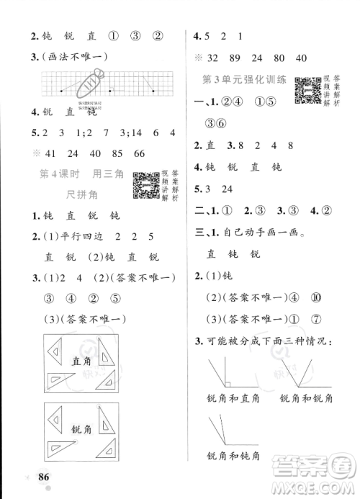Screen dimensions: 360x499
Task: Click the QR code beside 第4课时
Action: [x=146, y=184]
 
